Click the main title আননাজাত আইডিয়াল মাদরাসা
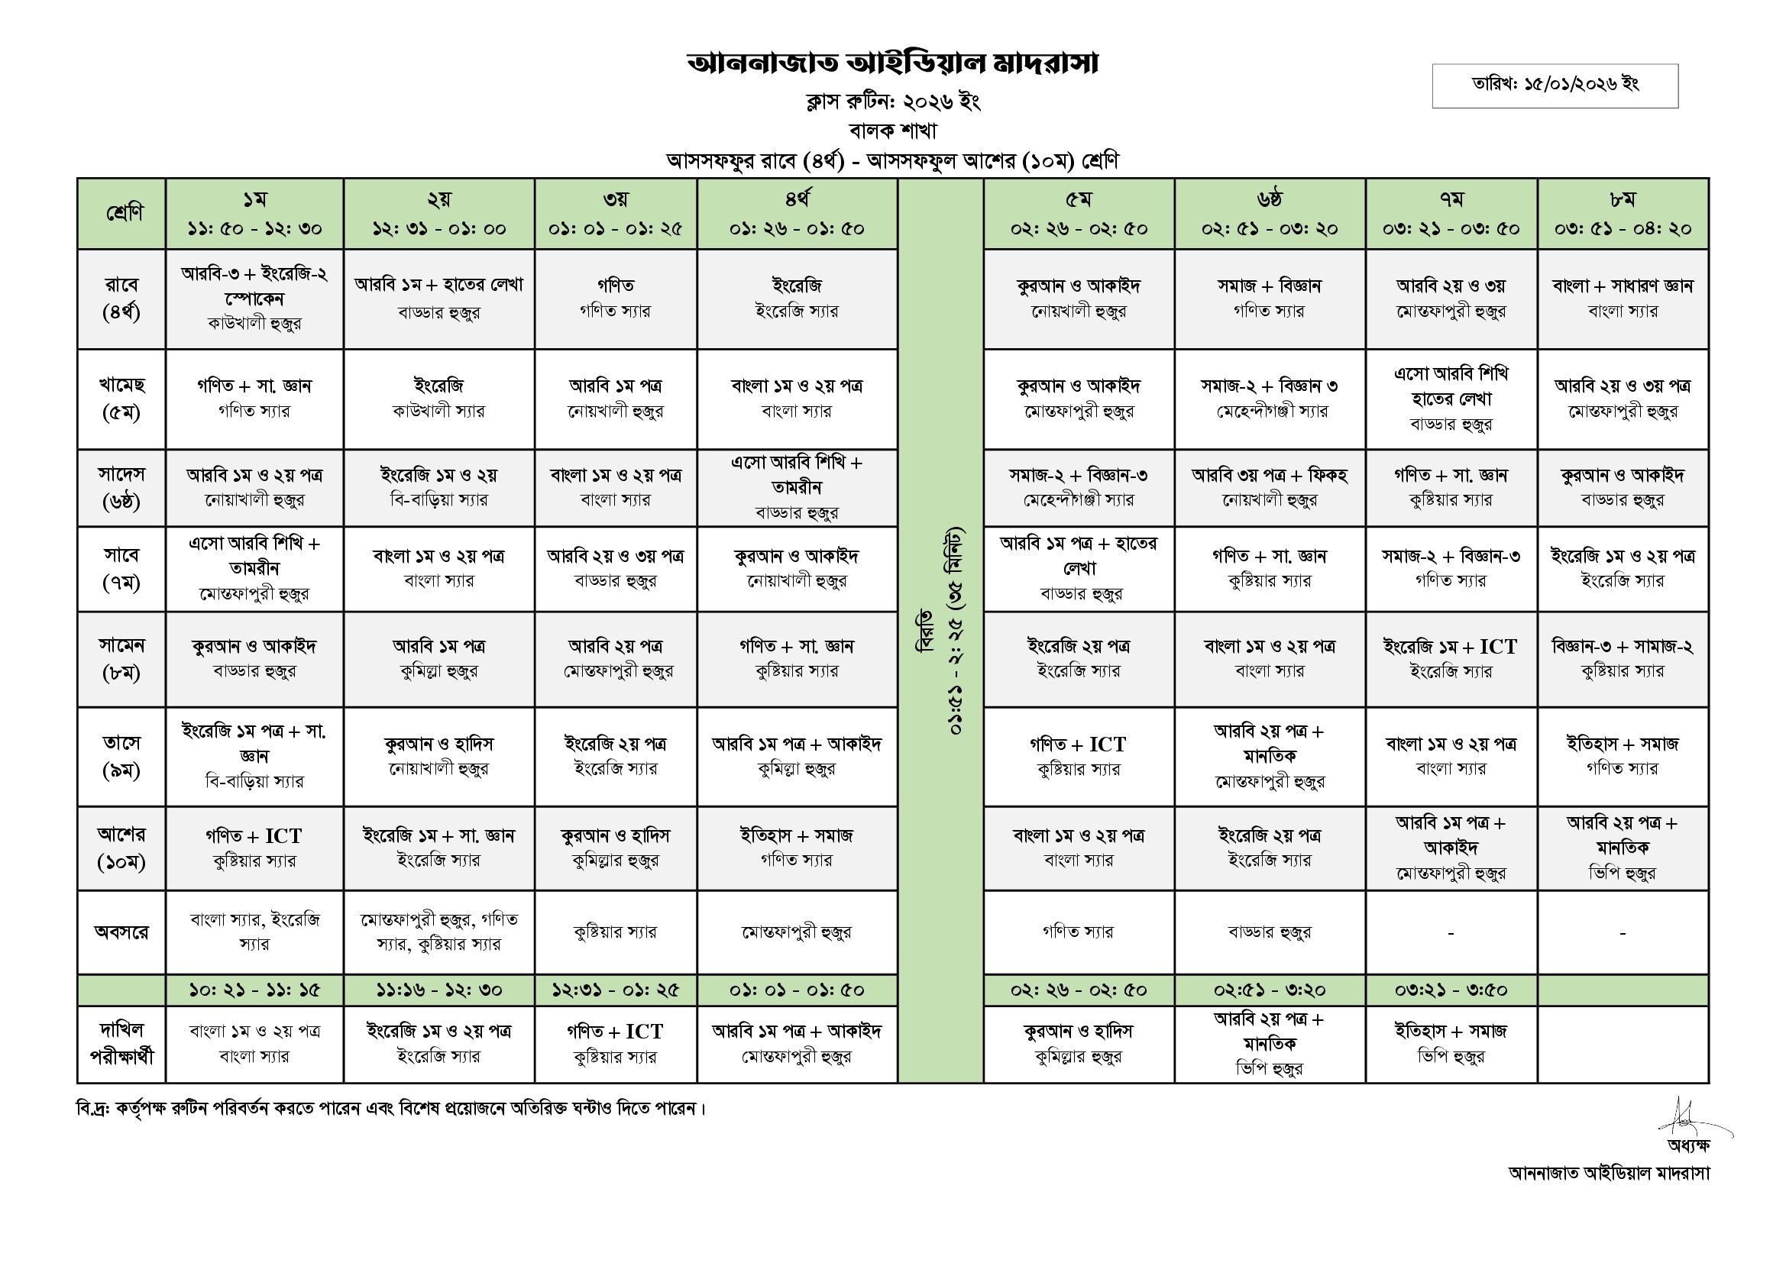[892, 64]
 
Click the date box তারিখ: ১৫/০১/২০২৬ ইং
[1555, 85]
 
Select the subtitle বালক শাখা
[892, 130]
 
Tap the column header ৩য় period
[615, 213]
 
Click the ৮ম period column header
[1623, 213]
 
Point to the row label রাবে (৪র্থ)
[121, 299]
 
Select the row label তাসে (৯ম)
[121, 757]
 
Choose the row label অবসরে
[121, 932]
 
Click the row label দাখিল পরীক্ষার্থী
[121, 1044]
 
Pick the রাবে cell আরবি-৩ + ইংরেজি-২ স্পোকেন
[254, 298]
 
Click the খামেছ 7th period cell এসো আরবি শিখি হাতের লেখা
[1451, 398]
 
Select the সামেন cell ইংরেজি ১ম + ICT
[1451, 658]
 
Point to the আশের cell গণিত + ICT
[254, 848]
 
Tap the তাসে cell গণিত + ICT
[1078, 756]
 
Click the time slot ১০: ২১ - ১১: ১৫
[254, 990]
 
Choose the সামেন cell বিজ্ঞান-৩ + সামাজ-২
[1623, 658]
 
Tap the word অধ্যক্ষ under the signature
[1688, 1145]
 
